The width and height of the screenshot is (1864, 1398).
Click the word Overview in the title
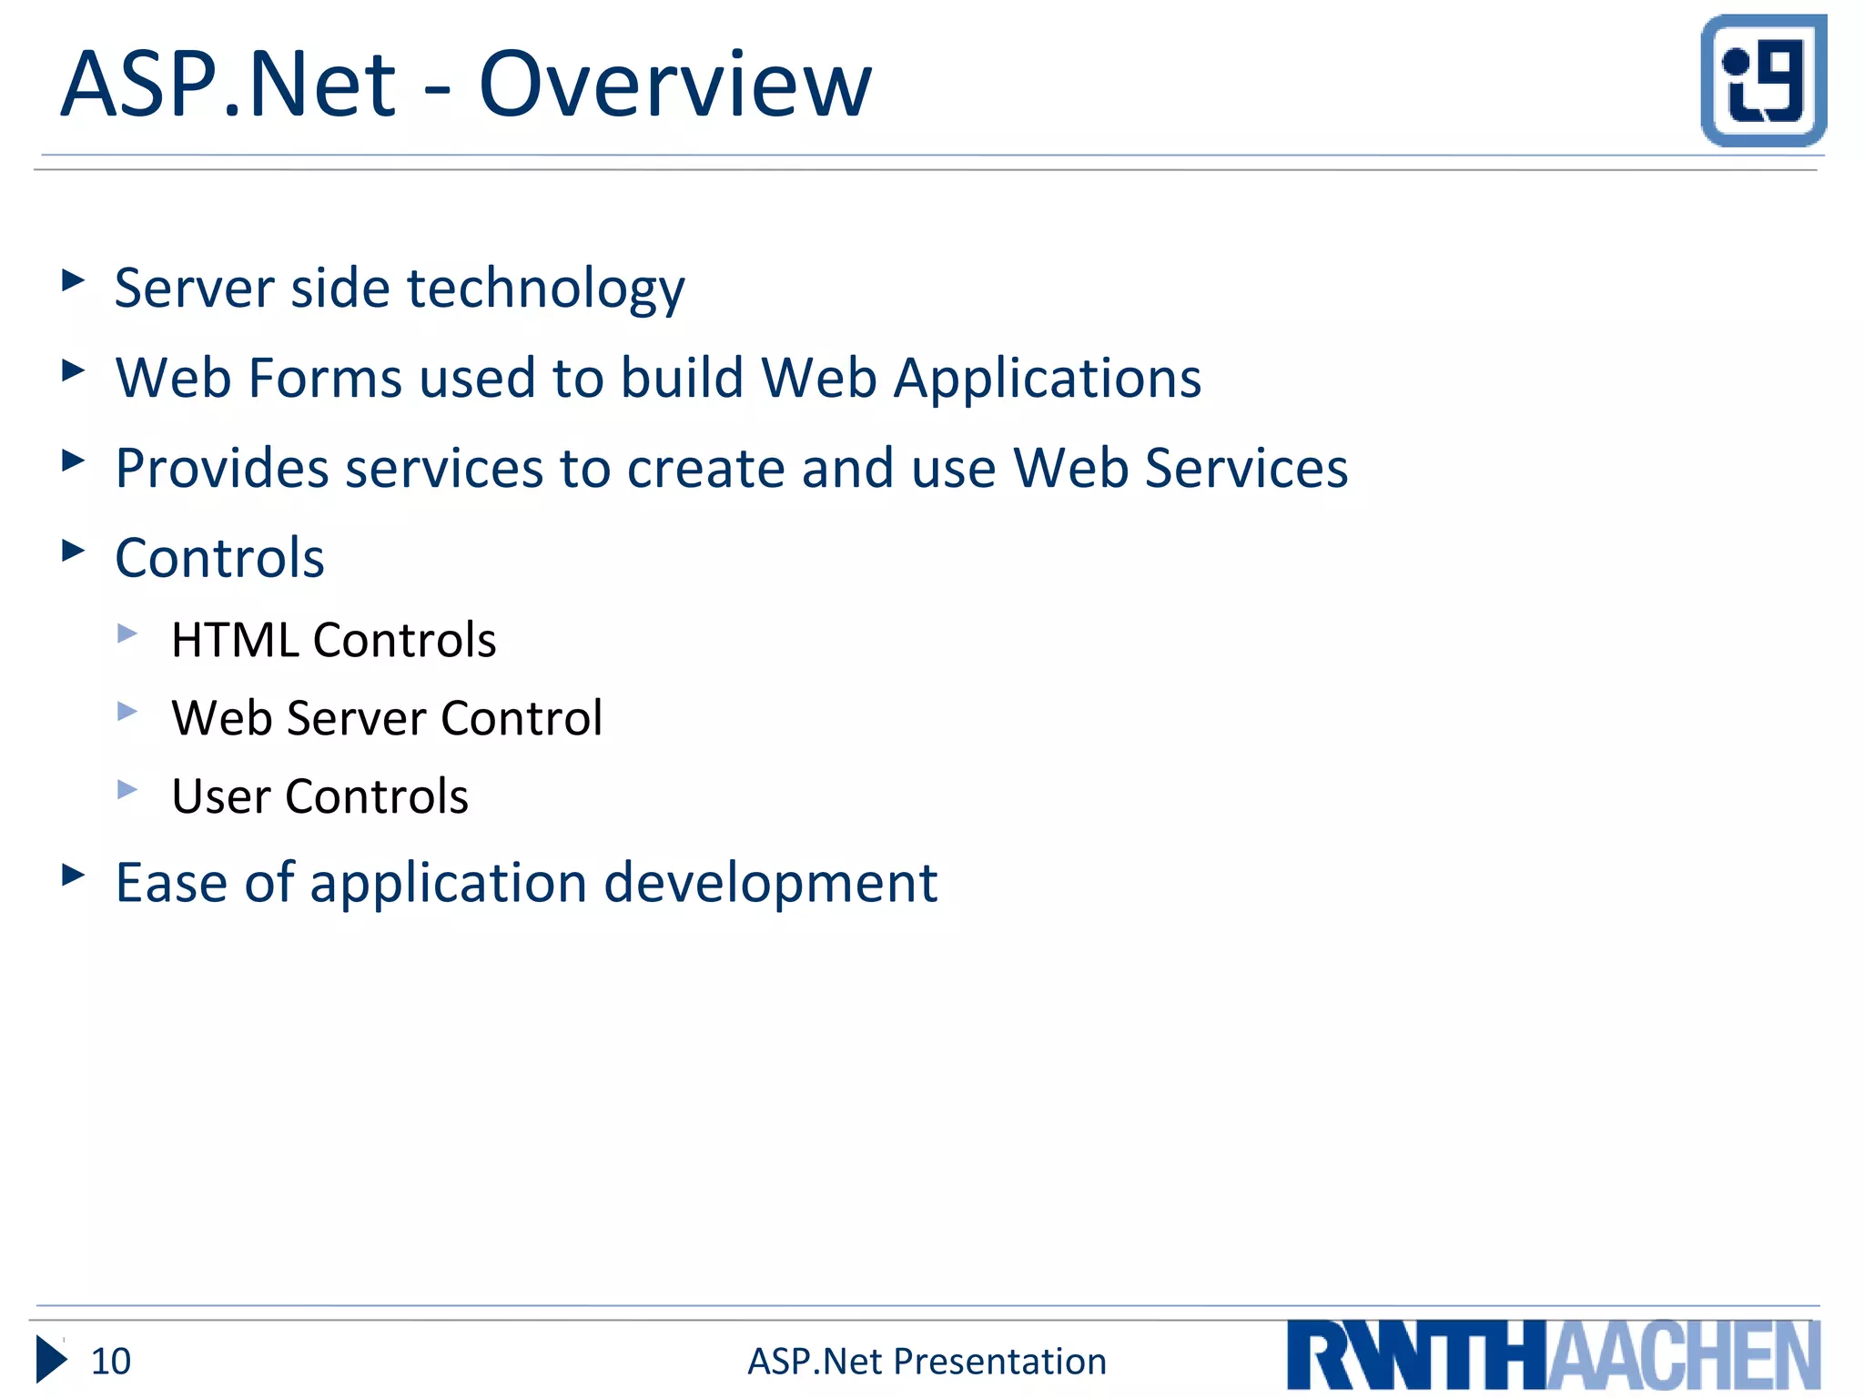pos(674,85)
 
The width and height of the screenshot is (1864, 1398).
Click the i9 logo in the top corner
pos(1763,81)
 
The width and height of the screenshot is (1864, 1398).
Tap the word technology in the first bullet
pos(545,290)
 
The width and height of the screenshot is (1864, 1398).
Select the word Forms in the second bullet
pos(325,378)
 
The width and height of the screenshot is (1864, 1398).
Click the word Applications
pos(1047,380)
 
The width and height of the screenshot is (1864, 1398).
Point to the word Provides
pos(221,469)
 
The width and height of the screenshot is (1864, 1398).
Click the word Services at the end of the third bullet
pos(1246,469)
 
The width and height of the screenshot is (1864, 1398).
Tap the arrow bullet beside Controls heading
pos(73,551)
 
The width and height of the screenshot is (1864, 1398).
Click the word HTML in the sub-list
pos(234,640)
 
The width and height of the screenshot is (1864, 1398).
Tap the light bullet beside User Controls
pos(127,789)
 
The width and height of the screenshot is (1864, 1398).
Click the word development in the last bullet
pos(770,884)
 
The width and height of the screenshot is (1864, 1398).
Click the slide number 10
pos(111,1362)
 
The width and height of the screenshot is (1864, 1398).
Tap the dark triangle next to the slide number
pos(50,1360)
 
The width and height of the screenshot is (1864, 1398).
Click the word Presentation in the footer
pos(999,1362)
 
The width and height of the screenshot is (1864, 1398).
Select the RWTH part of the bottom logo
pos(1414,1356)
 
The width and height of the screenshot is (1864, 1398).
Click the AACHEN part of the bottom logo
pos(1684,1356)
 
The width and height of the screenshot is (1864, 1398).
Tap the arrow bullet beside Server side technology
pos(73,280)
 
